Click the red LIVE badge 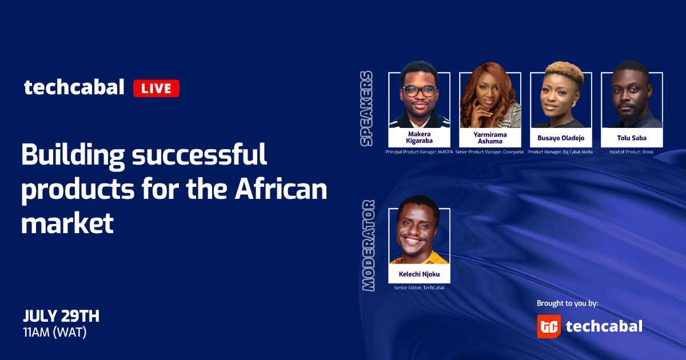click(x=156, y=88)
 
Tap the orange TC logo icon click(x=549, y=326)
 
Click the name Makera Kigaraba click(x=419, y=138)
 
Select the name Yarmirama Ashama click(x=490, y=138)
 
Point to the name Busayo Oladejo click(x=561, y=138)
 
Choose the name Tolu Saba click(x=632, y=138)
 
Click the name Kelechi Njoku click(x=419, y=274)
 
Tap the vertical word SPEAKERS click(x=366, y=109)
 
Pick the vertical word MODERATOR click(x=368, y=246)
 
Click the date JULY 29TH click(x=61, y=316)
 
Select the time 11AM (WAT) click(x=55, y=333)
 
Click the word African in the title click(x=281, y=189)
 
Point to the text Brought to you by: click(x=568, y=303)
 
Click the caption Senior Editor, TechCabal click(x=419, y=288)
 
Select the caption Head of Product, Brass click(x=631, y=152)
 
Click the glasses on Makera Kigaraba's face click(x=419, y=91)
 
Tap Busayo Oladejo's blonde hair click(x=564, y=72)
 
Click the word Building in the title click(x=73, y=155)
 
